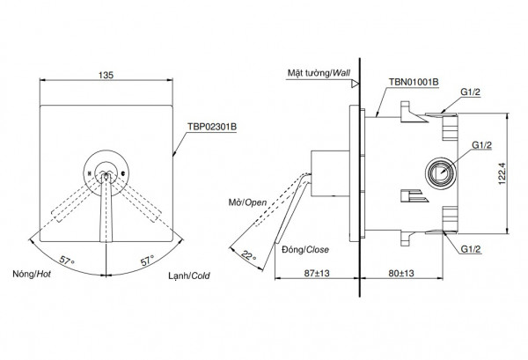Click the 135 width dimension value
106,76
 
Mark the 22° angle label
250,255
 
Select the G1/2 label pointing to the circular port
482,145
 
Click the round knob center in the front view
106,169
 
